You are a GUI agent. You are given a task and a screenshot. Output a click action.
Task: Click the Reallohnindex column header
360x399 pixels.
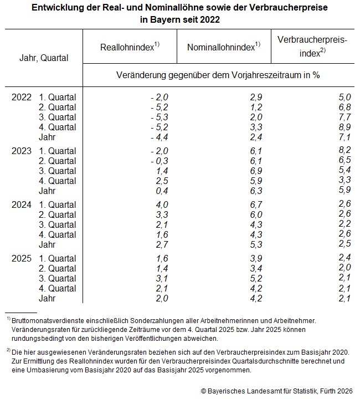click(x=130, y=47)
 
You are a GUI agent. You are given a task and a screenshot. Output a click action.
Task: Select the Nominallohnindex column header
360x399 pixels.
click(x=224, y=47)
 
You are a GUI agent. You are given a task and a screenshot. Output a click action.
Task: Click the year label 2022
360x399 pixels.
click(x=22, y=97)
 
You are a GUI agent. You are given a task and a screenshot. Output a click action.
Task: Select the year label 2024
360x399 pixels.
click(x=22, y=204)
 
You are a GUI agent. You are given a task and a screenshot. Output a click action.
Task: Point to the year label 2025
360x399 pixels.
click(x=22, y=258)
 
